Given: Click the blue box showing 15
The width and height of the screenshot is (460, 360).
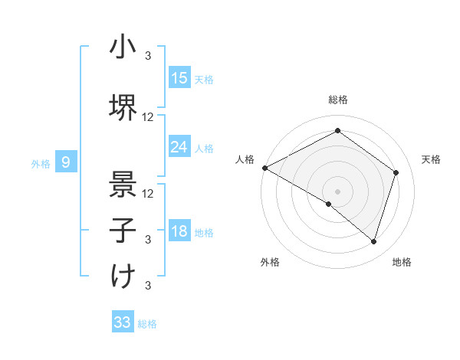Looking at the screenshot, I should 179,78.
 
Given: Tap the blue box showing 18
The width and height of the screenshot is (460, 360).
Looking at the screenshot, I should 179,231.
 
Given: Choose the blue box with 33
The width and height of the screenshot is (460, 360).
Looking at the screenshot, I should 123,322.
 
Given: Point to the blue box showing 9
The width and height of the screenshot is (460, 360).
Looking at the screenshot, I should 67,162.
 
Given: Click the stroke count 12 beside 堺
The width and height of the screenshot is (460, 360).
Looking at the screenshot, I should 148,116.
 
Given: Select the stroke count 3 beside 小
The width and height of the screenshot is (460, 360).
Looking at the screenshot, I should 148,55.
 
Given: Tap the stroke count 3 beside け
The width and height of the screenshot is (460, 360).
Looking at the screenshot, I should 148,286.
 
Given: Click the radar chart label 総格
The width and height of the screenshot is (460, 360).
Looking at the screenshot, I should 337,100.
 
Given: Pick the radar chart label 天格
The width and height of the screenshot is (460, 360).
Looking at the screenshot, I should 432,159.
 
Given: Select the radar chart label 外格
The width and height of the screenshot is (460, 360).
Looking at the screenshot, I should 270,262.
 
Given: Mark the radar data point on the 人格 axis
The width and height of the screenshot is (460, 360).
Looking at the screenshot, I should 264,168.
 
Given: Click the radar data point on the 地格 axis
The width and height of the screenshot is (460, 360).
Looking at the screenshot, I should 373,241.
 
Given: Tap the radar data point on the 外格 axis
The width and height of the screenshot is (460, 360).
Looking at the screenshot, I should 329,204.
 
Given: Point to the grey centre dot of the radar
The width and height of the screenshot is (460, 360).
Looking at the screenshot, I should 337,191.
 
